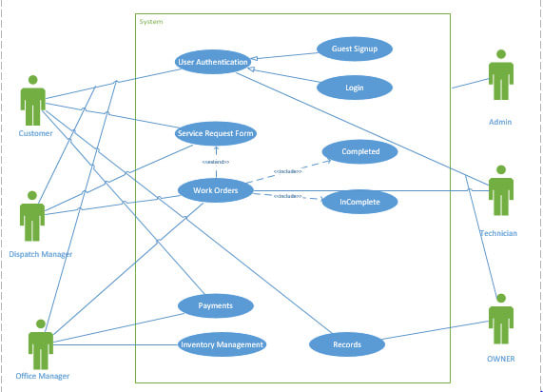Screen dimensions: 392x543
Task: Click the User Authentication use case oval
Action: click(x=213, y=62)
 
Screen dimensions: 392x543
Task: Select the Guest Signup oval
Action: click(x=354, y=49)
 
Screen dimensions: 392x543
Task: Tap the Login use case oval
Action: click(x=354, y=88)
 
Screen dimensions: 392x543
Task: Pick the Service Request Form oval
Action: click(x=216, y=134)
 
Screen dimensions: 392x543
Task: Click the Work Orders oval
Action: click(x=216, y=190)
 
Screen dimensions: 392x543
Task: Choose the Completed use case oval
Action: click(x=359, y=151)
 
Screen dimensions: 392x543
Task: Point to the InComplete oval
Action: click(x=359, y=202)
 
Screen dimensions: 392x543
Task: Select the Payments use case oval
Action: click(x=216, y=305)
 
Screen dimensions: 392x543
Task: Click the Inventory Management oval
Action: click(x=222, y=343)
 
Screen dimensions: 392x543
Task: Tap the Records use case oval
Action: click(x=347, y=344)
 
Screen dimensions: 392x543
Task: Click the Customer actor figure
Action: click(x=34, y=100)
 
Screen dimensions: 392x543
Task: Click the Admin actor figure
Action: click(x=501, y=82)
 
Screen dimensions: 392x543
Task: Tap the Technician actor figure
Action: click(x=500, y=191)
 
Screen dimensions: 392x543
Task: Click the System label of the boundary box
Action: click(x=150, y=21)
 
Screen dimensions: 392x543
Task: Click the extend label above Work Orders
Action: click(x=216, y=162)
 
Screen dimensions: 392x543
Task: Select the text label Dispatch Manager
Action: click(x=40, y=254)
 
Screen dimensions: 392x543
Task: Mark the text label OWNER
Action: click(x=500, y=359)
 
